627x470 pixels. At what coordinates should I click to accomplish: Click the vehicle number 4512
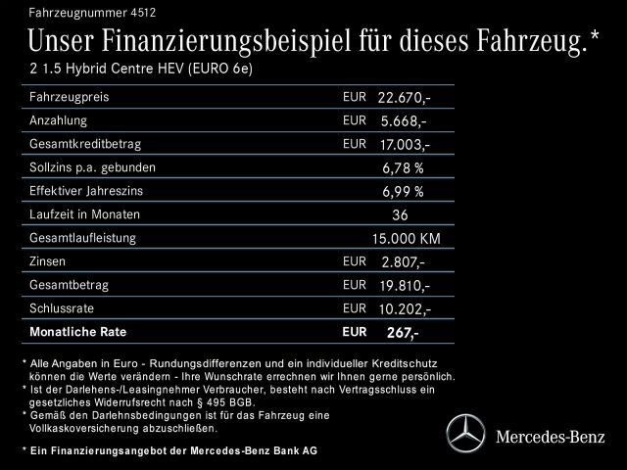pyautogui.click(x=142, y=13)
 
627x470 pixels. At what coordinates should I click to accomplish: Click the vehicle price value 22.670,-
pyautogui.click(x=405, y=98)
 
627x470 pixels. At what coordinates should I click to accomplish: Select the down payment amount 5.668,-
pyautogui.click(x=403, y=121)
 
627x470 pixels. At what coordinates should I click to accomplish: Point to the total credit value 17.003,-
pyautogui.click(x=404, y=145)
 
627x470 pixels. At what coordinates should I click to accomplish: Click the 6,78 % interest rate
pyautogui.click(x=403, y=167)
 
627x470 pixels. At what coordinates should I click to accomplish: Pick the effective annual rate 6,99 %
pyautogui.click(x=403, y=191)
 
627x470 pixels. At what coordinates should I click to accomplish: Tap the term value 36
pyautogui.click(x=399, y=214)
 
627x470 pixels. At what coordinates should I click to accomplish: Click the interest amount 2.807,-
pyautogui.click(x=403, y=262)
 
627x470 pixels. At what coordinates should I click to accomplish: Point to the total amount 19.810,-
pyautogui.click(x=404, y=286)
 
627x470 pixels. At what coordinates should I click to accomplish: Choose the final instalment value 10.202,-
pyautogui.click(x=405, y=309)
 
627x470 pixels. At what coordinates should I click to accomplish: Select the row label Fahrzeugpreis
pyautogui.click(x=69, y=97)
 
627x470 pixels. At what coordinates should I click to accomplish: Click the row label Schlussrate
pyautogui.click(x=61, y=307)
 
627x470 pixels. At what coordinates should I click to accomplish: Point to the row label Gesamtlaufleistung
pyautogui.click(x=83, y=237)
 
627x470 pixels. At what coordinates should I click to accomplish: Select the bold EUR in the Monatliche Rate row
pyautogui.click(x=353, y=331)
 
